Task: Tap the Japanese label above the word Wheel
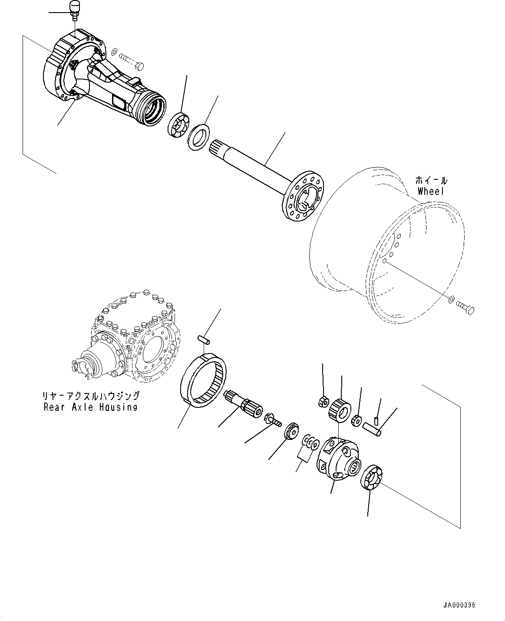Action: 431,180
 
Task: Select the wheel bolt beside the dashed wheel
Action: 466,307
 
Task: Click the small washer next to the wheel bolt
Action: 452,299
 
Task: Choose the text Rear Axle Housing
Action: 90,407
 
